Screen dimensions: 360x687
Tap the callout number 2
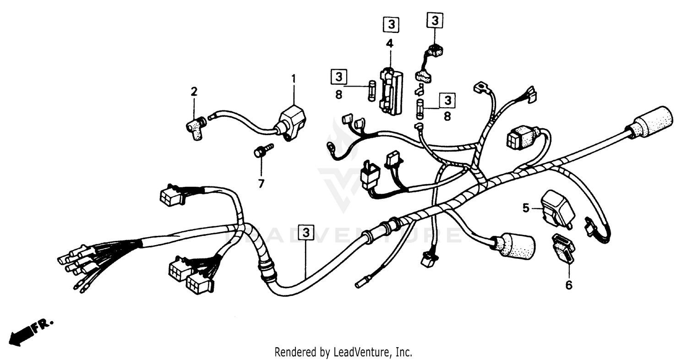[x=194, y=92]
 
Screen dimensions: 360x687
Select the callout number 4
[x=389, y=44]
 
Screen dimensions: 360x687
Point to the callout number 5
[x=525, y=208]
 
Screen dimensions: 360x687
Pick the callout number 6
[x=568, y=285]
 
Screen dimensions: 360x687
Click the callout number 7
[x=261, y=184]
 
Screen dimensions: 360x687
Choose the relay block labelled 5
[x=557, y=208]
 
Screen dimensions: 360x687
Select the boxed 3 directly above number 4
[x=391, y=25]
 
